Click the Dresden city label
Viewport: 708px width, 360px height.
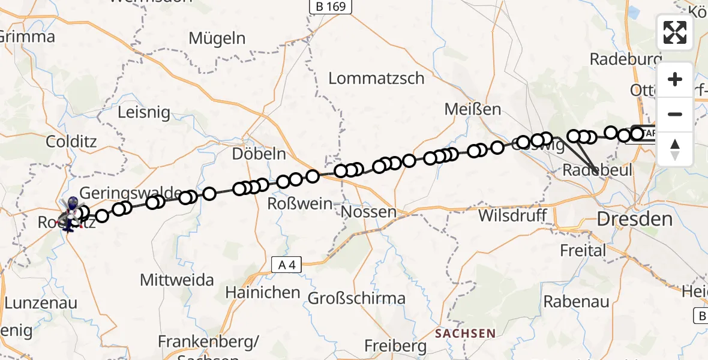(635, 219)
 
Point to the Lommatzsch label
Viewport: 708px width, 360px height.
(376, 79)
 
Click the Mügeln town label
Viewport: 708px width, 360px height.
(217, 38)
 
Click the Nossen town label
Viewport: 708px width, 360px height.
(368, 212)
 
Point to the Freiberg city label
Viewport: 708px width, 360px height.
(395, 346)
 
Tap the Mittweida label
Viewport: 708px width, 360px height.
(177, 280)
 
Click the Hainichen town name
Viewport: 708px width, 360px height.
(263, 293)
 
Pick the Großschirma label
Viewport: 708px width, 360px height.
(356, 298)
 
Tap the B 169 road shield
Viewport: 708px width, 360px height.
(331, 7)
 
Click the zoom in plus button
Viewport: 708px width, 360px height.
(675, 79)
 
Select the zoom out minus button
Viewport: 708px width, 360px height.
(675, 114)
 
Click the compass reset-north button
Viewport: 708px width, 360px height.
(675, 149)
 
